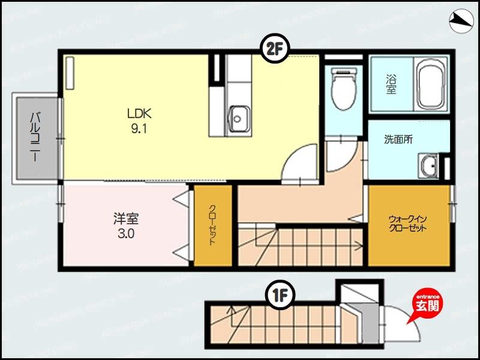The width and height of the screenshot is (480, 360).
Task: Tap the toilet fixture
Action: tap(344, 90)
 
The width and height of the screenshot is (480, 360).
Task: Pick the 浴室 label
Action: tap(391, 84)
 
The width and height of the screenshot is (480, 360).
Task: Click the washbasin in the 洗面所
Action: tap(429, 166)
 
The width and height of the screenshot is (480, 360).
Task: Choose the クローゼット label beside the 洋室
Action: tap(212, 226)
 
